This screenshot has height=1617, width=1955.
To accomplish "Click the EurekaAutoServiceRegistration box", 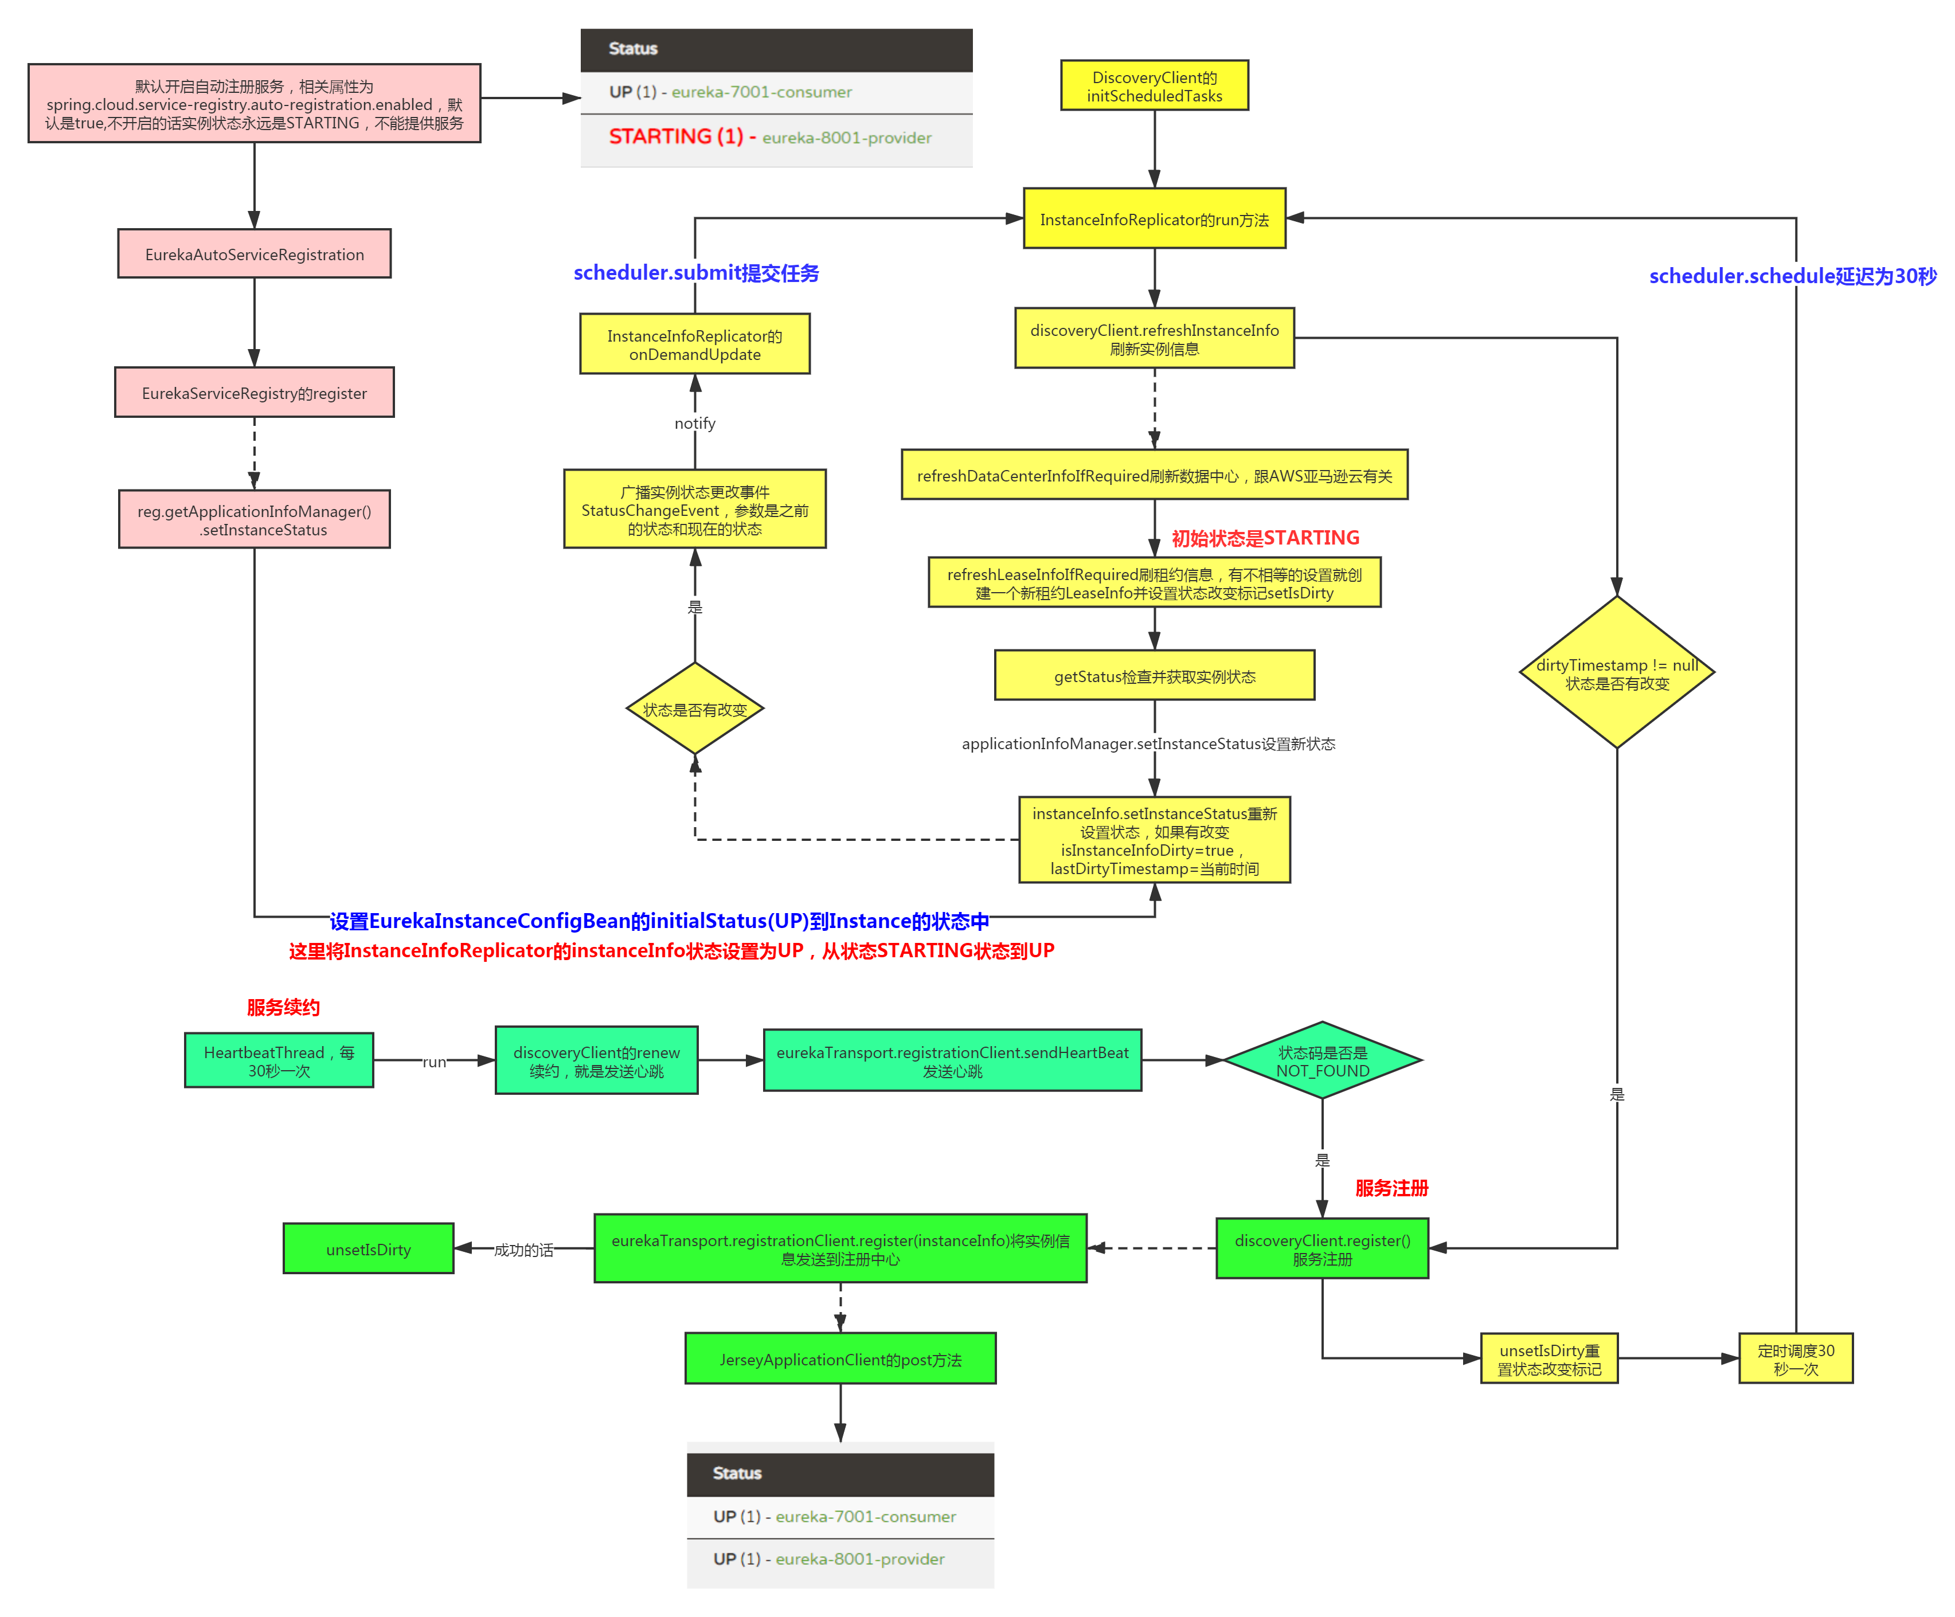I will pyautogui.click(x=254, y=254).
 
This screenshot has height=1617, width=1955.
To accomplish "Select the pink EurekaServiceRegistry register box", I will pyautogui.click(x=254, y=393).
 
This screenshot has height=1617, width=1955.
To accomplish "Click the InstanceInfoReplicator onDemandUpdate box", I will pyautogui.click(x=694, y=344).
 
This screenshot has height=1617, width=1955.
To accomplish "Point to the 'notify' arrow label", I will pyautogui.click(x=694, y=422).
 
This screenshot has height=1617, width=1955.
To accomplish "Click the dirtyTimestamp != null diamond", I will pyautogui.click(x=1617, y=673).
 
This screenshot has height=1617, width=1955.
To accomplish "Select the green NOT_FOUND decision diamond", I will pyautogui.click(x=1322, y=1061).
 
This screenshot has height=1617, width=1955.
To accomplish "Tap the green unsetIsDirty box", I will pyautogui.click(x=369, y=1249).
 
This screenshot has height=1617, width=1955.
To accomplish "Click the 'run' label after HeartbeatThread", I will pyautogui.click(x=434, y=1061).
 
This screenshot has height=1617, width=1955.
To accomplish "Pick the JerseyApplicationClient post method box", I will pyautogui.click(x=840, y=1359).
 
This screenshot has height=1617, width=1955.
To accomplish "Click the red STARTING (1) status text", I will pyautogui.click(x=676, y=137).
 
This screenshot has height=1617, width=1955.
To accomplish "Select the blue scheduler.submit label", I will pyautogui.click(x=697, y=272).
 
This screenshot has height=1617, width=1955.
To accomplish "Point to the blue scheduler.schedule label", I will pyautogui.click(x=1792, y=276).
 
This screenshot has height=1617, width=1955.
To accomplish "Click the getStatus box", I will pyautogui.click(x=1155, y=676).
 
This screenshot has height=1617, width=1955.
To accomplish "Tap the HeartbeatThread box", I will pyautogui.click(x=279, y=1061).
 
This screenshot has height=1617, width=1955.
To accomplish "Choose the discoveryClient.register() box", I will pyautogui.click(x=1322, y=1249).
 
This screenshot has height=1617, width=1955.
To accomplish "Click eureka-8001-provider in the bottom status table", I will pyautogui.click(x=859, y=1559).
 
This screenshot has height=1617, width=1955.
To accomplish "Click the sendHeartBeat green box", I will pyautogui.click(x=952, y=1061).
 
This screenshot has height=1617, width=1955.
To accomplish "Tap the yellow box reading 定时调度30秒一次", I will pyautogui.click(x=1795, y=1359).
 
